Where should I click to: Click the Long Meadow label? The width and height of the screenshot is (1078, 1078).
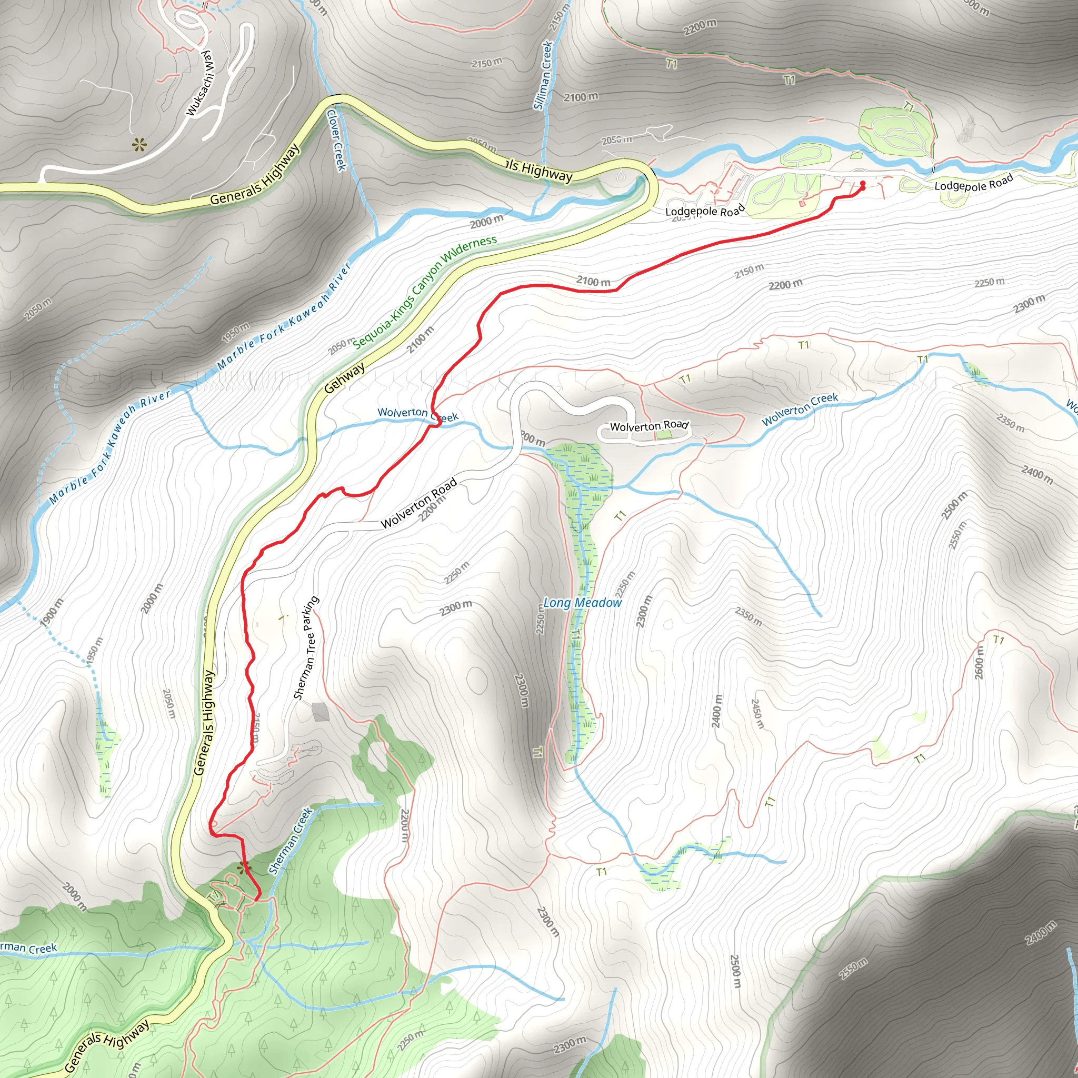582,603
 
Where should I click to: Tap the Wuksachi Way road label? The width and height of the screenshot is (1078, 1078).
201,83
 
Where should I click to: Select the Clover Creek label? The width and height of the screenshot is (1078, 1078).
336,140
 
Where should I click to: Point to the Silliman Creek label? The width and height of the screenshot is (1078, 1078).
543,75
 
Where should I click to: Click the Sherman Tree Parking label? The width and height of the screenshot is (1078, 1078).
306,647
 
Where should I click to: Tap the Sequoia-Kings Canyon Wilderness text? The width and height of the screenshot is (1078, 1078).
425,291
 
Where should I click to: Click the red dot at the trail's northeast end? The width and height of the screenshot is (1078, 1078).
863,184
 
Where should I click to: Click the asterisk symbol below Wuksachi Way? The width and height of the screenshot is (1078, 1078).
138,146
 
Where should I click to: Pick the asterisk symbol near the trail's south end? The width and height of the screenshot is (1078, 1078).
243,867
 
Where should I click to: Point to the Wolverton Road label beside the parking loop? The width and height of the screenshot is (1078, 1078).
649,426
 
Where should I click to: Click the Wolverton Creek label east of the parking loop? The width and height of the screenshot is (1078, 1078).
800,409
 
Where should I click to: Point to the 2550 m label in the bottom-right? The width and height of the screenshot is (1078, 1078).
853,968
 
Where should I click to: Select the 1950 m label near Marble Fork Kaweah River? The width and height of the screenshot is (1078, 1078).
235,332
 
